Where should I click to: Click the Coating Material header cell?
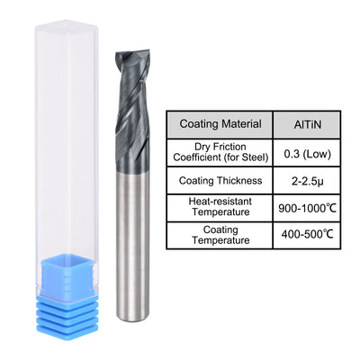point(221,124)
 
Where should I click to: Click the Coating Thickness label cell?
point(221,180)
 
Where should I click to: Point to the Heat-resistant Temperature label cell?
point(221,208)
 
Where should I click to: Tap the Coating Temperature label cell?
point(221,237)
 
